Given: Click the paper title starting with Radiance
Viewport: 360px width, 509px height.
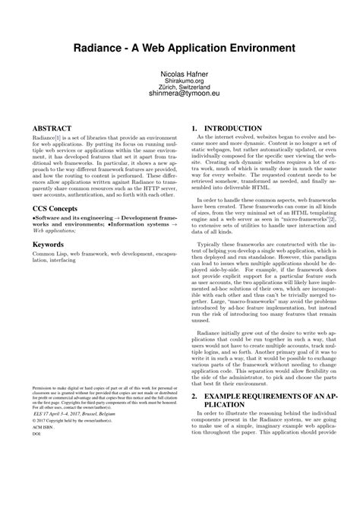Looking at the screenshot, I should [x=179, y=48].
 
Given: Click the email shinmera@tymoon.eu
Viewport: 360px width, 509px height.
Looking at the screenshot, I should [x=179, y=96].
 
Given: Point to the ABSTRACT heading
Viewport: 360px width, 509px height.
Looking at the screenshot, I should [x=52, y=128].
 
